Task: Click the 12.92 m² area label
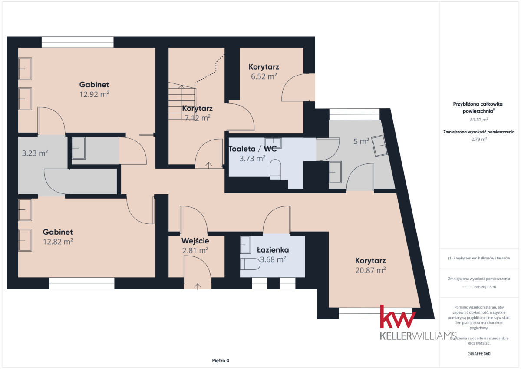[94, 94]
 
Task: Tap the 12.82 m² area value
[58, 242]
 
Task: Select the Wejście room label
[195, 241]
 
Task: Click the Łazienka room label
[273, 250]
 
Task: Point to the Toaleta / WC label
[253, 149]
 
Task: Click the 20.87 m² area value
[370, 270]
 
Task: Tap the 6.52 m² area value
[264, 76]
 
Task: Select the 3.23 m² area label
[35, 153]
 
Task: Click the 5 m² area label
[361, 141]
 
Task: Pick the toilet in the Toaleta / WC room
[275, 169]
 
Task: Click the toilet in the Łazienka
[250, 264]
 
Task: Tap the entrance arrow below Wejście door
[198, 286]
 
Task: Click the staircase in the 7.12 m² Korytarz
[182, 100]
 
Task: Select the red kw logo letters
[398, 316]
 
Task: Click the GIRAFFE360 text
[479, 354]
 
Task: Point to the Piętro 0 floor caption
[221, 361]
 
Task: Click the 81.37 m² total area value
[479, 120]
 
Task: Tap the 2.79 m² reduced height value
[479, 139]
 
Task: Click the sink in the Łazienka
[245, 245]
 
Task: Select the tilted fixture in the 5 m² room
[379, 146]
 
